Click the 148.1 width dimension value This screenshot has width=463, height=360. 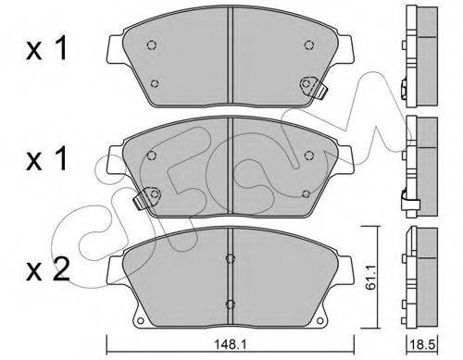pos(231,345)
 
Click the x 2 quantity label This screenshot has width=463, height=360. pos(47,270)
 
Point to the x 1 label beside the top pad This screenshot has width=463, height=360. pos(46,48)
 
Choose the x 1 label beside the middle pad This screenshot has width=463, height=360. pos(46,158)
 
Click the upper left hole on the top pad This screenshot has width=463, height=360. pos(151,45)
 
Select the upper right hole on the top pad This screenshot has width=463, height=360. pos(309,45)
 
